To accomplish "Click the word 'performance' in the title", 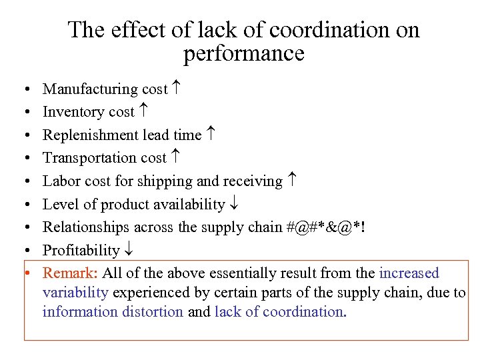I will coord(243,53).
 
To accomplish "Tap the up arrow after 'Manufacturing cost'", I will coord(176,89).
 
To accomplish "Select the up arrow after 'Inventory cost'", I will coord(143,112).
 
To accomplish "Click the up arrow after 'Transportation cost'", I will coord(175,158).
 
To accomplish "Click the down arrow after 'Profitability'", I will coord(127,250).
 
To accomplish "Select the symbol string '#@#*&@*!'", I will coord(327,227).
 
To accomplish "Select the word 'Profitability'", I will coord(81,251).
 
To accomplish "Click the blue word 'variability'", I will coord(76,292).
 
